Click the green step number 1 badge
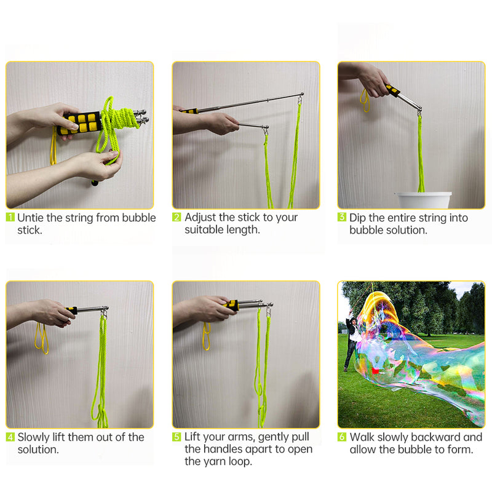[10, 217]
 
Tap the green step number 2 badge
[177, 217]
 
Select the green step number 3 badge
[342, 217]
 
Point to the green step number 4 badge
[10, 437]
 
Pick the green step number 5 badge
[177, 437]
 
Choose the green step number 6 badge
[342, 437]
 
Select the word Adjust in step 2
[200, 217]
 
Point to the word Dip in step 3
[359, 217]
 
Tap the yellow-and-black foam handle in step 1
[79, 121]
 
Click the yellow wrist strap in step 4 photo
[41, 338]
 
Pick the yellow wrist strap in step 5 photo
[206, 336]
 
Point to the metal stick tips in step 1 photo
[140, 117]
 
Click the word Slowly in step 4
[34, 437]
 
